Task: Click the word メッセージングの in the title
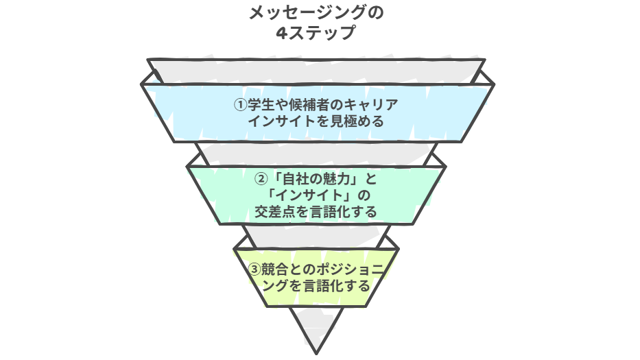point(316,12)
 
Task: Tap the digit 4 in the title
point(282,33)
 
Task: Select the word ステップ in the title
point(322,33)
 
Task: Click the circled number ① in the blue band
point(240,105)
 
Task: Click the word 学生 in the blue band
point(261,105)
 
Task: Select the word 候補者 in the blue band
point(309,105)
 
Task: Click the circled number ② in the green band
point(261,179)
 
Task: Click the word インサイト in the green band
point(309,195)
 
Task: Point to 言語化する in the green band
point(343,212)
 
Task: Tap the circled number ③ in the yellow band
point(254,269)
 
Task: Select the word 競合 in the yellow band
point(274,269)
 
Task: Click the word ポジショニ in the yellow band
point(350,269)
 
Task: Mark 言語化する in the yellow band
point(336,286)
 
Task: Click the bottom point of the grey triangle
point(316,353)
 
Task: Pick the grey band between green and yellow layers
point(316,237)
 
